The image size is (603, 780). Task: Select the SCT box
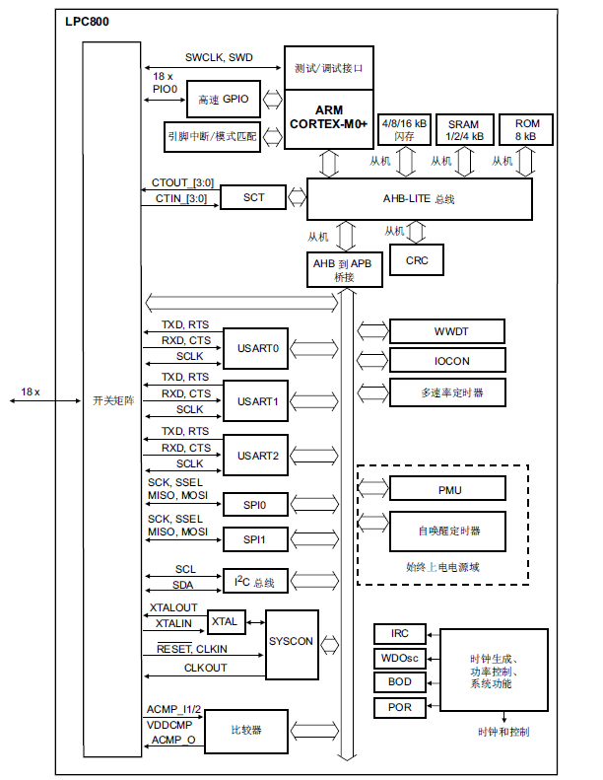click(254, 197)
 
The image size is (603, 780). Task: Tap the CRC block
click(417, 260)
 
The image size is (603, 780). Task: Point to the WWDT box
click(447, 330)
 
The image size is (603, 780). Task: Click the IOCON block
click(447, 361)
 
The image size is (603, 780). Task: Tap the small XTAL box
click(226, 622)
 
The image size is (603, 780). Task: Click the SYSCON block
click(292, 642)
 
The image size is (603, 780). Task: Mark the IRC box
click(399, 634)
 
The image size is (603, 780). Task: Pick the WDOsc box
click(399, 659)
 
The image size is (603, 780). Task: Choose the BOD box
click(399, 682)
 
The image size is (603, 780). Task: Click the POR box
click(399, 707)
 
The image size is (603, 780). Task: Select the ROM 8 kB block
click(526, 130)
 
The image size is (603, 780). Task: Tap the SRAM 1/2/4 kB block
click(463, 130)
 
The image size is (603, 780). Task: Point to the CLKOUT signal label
click(205, 668)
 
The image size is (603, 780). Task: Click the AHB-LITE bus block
click(420, 199)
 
